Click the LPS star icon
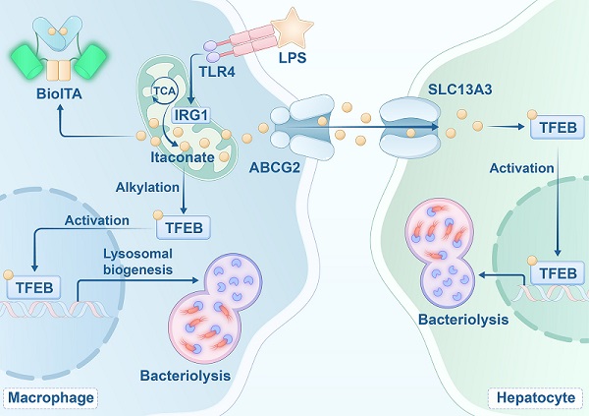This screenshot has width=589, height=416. pyautogui.click(x=293, y=27)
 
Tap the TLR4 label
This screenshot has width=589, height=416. pyautogui.click(x=217, y=72)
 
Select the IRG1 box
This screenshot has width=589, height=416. pyautogui.click(x=191, y=115)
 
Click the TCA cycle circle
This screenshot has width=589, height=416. pyautogui.click(x=164, y=90)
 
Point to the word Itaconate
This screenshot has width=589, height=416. pyautogui.click(x=183, y=157)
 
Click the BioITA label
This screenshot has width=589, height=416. pyautogui.click(x=59, y=93)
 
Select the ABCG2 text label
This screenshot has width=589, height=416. pyautogui.click(x=275, y=167)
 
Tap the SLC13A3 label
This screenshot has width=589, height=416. pyautogui.click(x=460, y=89)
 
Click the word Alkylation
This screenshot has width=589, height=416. pyautogui.click(x=147, y=187)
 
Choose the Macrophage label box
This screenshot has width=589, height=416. pyautogui.click(x=51, y=398)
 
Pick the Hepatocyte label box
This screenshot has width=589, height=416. pyautogui.click(x=536, y=398)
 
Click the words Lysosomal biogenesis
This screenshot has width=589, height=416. pyautogui.click(x=137, y=262)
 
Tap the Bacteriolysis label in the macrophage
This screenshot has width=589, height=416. pyautogui.click(x=186, y=376)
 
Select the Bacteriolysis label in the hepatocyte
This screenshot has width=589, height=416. pyautogui.click(x=463, y=320)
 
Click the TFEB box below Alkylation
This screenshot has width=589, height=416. pyautogui.click(x=184, y=228)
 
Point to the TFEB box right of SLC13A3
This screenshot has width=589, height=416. pyautogui.click(x=558, y=127)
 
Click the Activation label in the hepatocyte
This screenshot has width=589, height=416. pyautogui.click(x=522, y=168)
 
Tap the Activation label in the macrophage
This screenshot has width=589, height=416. pyautogui.click(x=97, y=220)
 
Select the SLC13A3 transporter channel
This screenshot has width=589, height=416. pyautogui.click(x=409, y=127)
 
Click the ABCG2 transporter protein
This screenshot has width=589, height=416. pyautogui.click(x=302, y=127)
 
